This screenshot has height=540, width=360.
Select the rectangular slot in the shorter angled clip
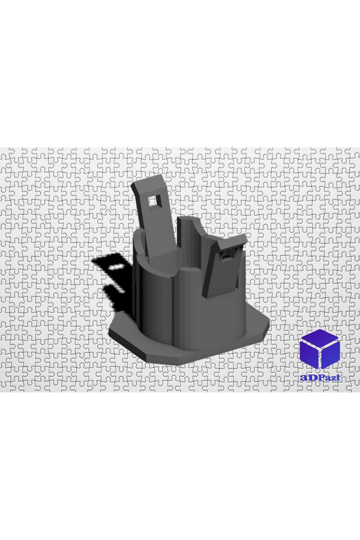(x=226, y=253)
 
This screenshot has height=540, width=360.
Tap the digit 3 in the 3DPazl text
(x=302, y=378)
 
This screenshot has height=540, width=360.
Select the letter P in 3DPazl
(x=317, y=378)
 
